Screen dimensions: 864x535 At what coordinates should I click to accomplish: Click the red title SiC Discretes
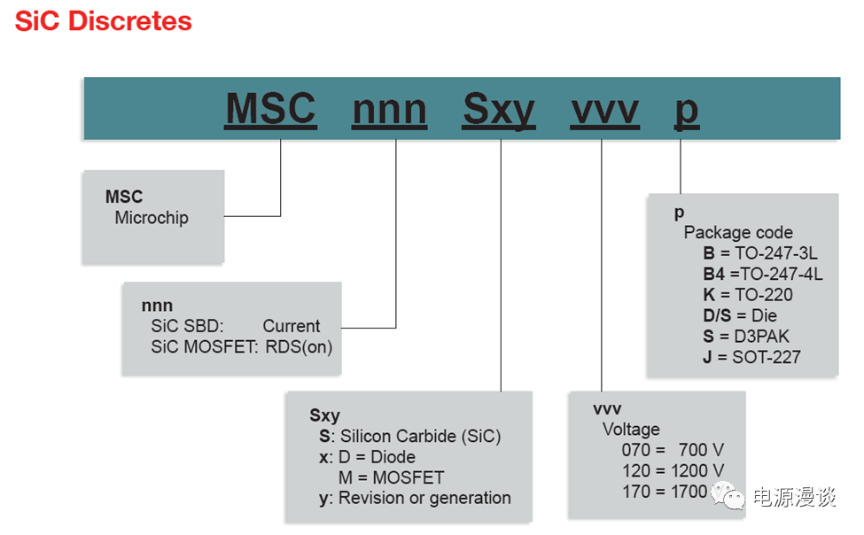(103, 21)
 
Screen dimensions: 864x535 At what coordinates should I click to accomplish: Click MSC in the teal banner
(270, 109)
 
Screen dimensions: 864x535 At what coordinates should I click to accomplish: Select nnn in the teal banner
(390, 110)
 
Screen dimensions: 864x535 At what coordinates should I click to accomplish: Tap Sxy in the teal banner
(499, 110)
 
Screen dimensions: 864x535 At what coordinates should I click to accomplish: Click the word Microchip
(152, 218)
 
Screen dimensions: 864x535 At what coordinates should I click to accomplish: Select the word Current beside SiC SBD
(291, 326)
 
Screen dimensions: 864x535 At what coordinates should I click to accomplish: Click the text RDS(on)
(299, 347)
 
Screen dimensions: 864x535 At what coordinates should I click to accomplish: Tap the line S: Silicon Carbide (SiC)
(410, 437)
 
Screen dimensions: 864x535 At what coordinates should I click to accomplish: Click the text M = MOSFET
(391, 477)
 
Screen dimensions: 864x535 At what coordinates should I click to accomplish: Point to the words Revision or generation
(424, 498)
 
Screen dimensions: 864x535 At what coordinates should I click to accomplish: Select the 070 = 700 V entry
(673, 450)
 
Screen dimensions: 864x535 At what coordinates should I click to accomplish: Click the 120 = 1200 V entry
(673, 471)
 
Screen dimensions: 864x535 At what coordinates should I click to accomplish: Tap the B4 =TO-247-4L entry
(763, 274)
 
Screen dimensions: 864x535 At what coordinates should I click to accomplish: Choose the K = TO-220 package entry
(748, 295)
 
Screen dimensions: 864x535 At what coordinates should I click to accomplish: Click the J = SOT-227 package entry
(751, 358)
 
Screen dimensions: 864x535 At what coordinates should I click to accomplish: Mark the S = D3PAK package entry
(746, 337)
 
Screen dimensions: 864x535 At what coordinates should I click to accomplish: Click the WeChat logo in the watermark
(728, 495)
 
